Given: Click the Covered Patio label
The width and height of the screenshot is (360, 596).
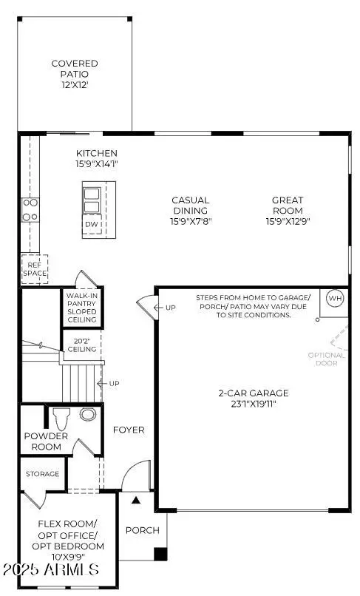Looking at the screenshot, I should coord(75,69).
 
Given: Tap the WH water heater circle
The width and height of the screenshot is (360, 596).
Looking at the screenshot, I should coord(335,299).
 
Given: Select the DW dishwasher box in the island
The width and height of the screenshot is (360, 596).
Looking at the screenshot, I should coord(92,224).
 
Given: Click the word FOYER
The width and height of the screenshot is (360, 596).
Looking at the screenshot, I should coord(129,430).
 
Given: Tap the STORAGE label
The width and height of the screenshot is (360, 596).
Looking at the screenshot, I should coord(43,473).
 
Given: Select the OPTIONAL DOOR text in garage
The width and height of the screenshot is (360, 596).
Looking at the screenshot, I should coord(326,359).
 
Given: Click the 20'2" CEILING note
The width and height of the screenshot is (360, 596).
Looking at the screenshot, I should coord(81,344).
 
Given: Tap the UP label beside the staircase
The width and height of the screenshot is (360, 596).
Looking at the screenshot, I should coord(114,384).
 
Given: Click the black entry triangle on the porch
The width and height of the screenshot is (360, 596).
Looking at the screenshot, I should coord(135,501).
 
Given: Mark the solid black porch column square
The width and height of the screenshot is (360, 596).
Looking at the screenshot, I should coord(160,554).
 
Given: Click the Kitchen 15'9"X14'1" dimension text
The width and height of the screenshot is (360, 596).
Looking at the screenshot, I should coord(97,164).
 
